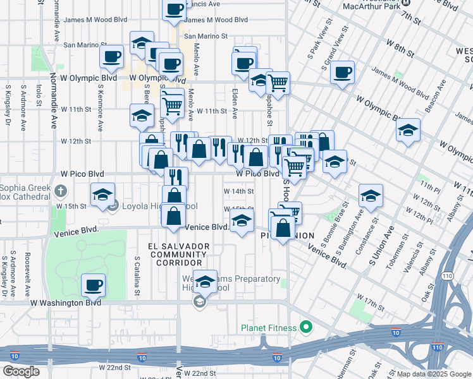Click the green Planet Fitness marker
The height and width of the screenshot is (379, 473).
click(x=306, y=327)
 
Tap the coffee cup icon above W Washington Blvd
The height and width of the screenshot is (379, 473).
click(x=94, y=284)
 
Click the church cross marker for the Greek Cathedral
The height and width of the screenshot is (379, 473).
click(x=60, y=190)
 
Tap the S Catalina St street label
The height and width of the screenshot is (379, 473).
click(x=137, y=276)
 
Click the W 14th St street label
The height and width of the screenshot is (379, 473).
click(x=239, y=191)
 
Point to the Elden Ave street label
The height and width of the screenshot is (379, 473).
click(x=235, y=103)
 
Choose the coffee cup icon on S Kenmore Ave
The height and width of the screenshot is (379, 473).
click(x=111, y=57)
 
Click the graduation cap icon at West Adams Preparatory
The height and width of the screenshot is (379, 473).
click(x=204, y=282)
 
